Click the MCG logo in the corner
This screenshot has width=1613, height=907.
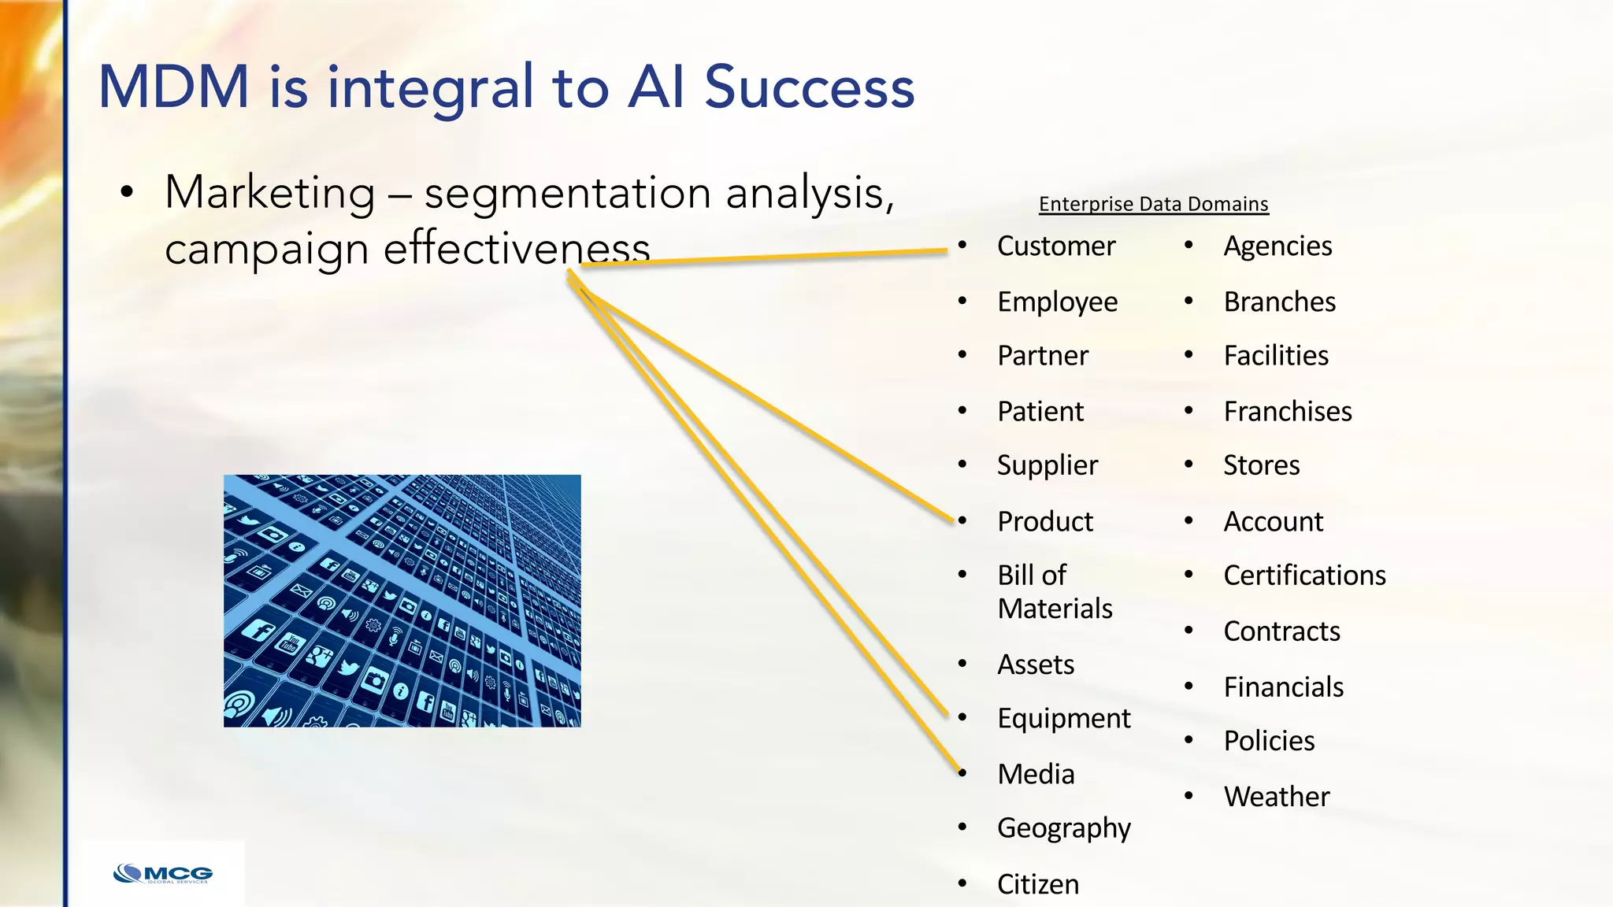[x=163, y=874]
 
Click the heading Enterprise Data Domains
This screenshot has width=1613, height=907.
[x=1153, y=204]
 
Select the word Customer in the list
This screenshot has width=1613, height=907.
[x=1055, y=246]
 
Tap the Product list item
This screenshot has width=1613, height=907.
[x=1044, y=522]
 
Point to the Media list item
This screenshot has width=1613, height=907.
[x=1036, y=774]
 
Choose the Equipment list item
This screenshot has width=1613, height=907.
[x=1063, y=719]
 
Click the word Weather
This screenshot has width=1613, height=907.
[x=1276, y=797]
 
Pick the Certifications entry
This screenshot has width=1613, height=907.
[x=1304, y=576]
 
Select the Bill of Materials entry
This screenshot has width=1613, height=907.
[x=1054, y=592]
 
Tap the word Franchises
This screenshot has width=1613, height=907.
[x=1287, y=412]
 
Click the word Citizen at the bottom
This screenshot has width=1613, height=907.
[x=1037, y=884]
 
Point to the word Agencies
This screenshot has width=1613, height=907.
[x=1277, y=246]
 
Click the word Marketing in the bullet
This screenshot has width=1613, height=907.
[x=269, y=193]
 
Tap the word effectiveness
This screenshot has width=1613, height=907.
[x=516, y=250]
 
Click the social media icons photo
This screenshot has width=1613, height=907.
[x=402, y=601]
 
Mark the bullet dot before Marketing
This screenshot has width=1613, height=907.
[x=127, y=193]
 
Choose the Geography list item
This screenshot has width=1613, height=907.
[x=1063, y=828]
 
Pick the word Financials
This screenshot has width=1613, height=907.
[x=1283, y=687]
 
